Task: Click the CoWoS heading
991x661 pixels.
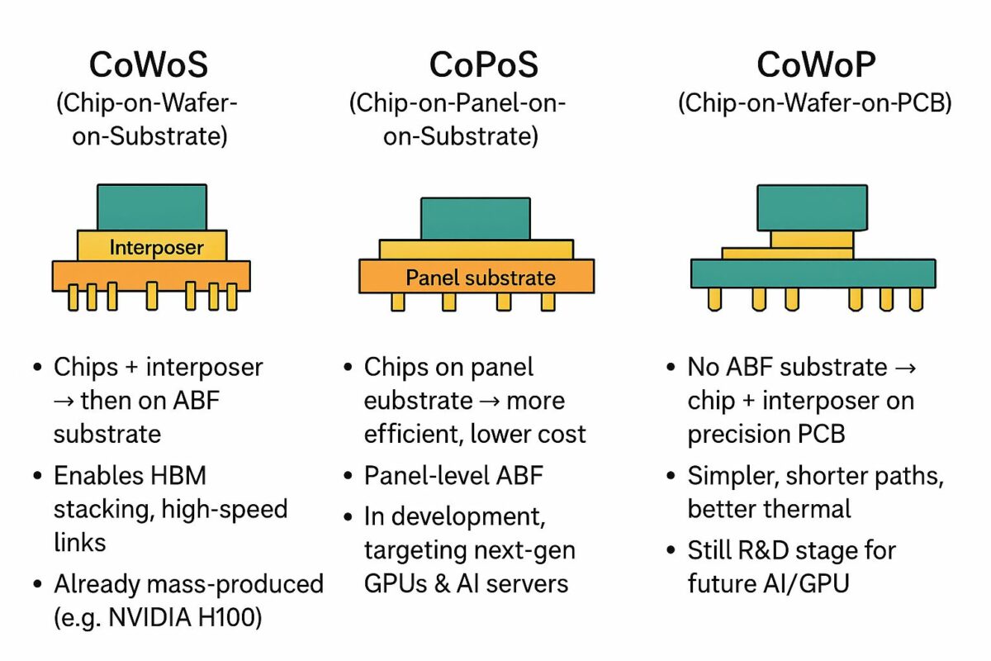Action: tap(150, 64)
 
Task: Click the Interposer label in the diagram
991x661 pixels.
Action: tap(156, 247)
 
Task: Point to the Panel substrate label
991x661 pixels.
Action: tap(481, 278)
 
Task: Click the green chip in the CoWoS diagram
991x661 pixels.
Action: tap(152, 207)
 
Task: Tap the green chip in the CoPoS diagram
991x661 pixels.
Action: tap(475, 218)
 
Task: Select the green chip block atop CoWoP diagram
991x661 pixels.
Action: tap(812, 207)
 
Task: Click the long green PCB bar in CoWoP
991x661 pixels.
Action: tap(813, 273)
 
